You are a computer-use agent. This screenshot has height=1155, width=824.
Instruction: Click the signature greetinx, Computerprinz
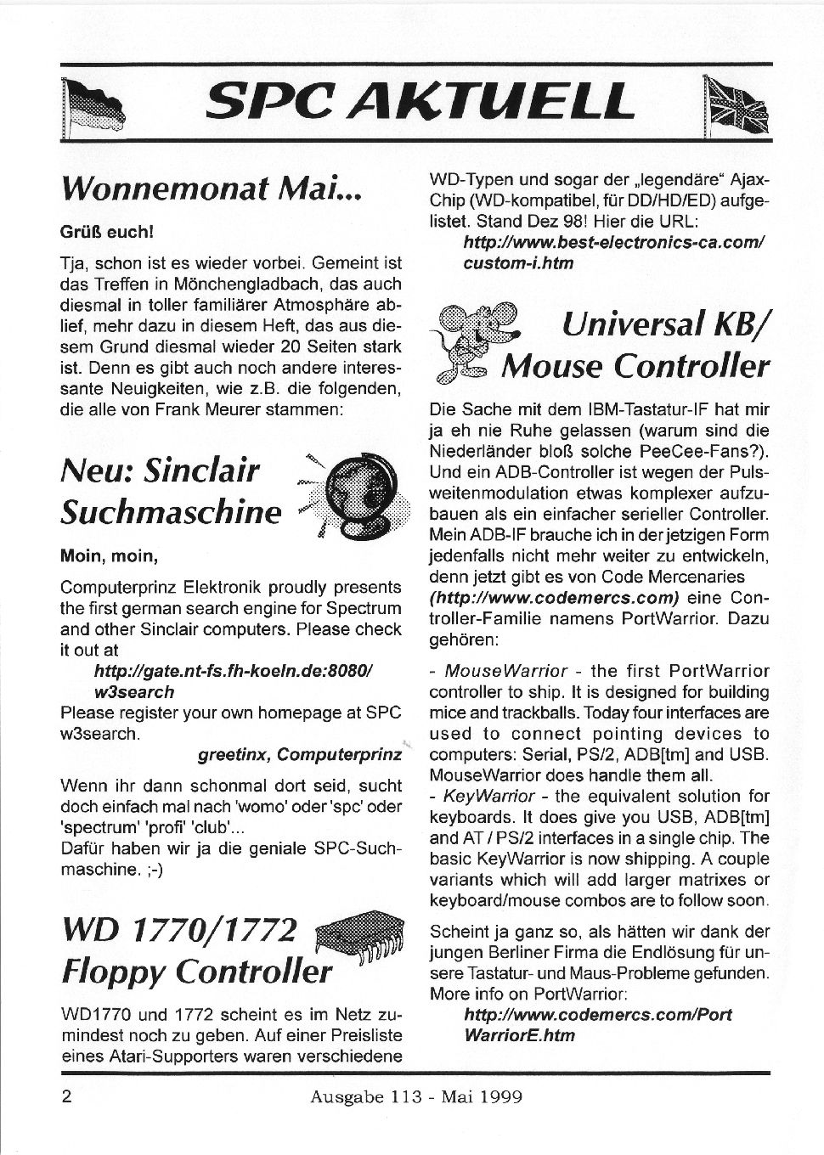tap(299, 754)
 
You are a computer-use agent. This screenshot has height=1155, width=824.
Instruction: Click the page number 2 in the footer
tap(66, 1096)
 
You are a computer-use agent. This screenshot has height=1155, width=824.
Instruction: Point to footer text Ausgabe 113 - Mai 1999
tap(416, 1096)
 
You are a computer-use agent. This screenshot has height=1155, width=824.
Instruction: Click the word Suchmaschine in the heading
tap(171, 512)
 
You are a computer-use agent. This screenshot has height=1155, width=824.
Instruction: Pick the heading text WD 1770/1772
tap(179, 932)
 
